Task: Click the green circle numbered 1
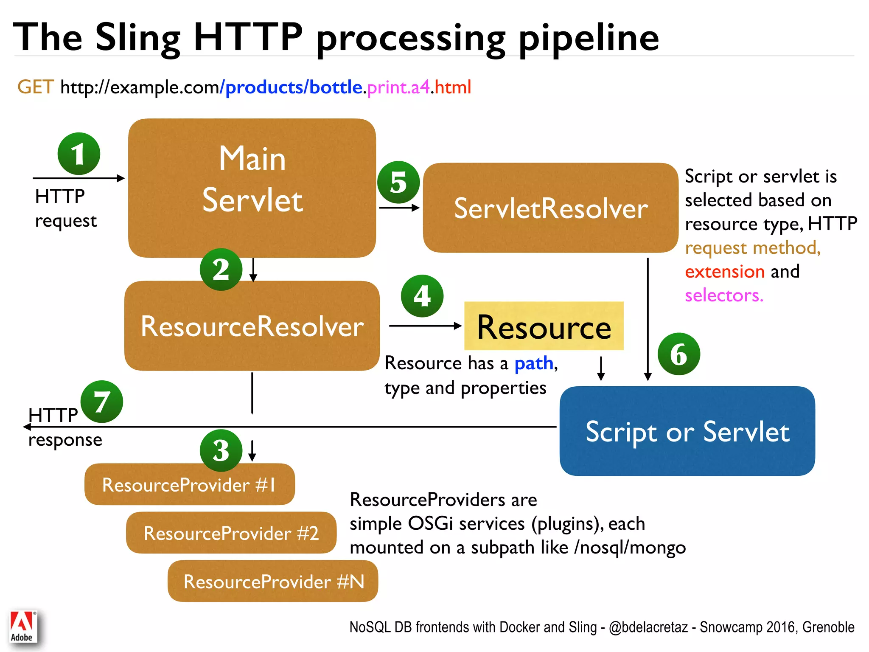click(79, 154)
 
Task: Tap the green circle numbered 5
click(398, 183)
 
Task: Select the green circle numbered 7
click(102, 402)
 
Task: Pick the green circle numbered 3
click(221, 450)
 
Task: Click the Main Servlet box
click(252, 188)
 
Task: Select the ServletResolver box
click(550, 208)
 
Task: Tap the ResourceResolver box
click(252, 326)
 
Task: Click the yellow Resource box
click(544, 326)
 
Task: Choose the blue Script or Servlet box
click(687, 431)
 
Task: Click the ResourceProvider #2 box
click(231, 533)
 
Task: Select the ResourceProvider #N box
click(273, 581)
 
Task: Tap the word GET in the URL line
click(36, 87)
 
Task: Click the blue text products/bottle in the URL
click(294, 87)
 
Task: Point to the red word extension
click(724, 272)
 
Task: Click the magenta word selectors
click(723, 295)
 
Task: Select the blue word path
click(534, 363)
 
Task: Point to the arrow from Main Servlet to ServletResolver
click(399, 208)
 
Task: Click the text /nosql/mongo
click(630, 548)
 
